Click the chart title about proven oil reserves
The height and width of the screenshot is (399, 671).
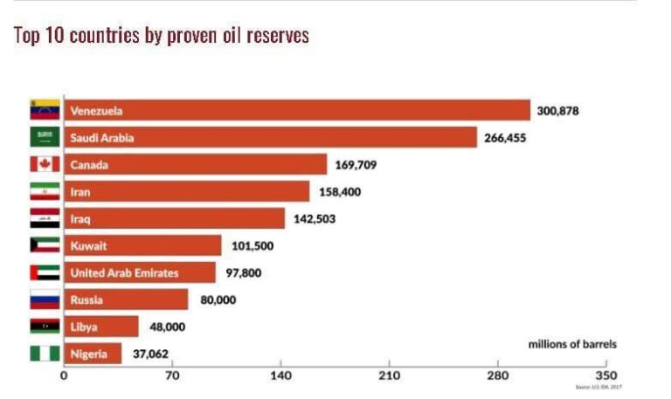(162, 36)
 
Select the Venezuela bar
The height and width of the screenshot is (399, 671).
(297, 111)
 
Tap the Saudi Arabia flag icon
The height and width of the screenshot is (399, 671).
(45, 137)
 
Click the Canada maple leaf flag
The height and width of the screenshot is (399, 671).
(45, 164)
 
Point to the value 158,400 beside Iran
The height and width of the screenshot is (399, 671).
(340, 191)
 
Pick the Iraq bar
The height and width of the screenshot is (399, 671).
(175, 218)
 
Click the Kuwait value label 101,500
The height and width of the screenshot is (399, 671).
(252, 245)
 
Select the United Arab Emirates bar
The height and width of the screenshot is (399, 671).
(140, 272)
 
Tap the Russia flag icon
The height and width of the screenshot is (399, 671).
(45, 299)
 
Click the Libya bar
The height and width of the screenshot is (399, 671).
(101, 327)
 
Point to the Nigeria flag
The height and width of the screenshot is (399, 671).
(45, 354)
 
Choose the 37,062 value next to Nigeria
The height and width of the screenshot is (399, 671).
(150, 354)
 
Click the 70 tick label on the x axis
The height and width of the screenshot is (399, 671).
(172, 376)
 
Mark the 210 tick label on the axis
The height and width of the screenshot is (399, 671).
(390, 376)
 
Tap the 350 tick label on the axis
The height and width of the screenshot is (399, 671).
(605, 376)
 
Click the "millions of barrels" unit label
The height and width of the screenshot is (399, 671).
(572, 344)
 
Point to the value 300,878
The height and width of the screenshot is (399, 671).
(558, 111)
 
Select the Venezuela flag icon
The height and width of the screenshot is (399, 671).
(45, 110)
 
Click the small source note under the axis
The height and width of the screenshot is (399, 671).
(598, 387)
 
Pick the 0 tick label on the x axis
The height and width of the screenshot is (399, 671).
(64, 376)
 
